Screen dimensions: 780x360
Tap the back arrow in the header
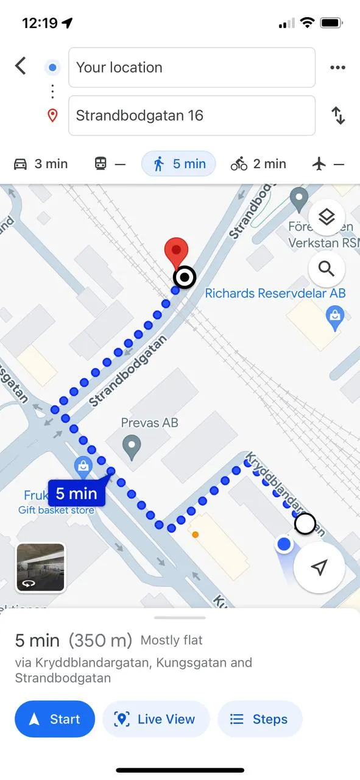coord(21,66)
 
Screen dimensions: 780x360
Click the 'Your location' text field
coord(192,68)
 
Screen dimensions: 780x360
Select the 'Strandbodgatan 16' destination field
coord(192,115)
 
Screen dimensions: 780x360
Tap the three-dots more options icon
coord(337,68)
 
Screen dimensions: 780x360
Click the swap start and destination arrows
coord(338,115)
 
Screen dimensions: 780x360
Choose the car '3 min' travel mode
coord(41,164)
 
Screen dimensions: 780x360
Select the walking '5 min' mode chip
coord(178,164)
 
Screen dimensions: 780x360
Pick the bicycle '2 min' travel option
coord(258,164)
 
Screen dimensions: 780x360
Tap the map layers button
coord(326,216)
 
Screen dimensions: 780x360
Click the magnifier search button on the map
coord(326,269)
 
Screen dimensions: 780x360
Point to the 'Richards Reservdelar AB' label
coord(275,293)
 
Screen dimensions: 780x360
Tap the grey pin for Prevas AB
coord(131,448)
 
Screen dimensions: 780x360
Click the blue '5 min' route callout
coord(77,493)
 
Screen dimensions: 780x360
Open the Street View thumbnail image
coord(40,567)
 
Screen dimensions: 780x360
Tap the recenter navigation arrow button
coord(319,567)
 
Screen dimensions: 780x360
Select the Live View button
coord(156,719)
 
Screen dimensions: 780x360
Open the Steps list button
coord(259,719)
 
